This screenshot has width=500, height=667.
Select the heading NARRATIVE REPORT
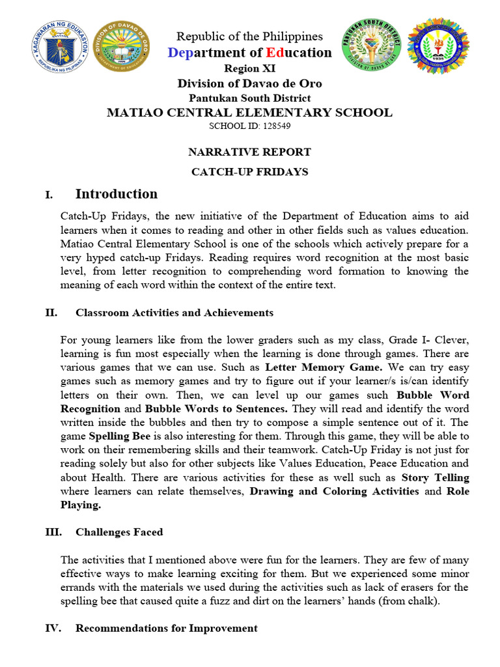coord(249,152)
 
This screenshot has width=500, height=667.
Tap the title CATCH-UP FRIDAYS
coord(249,172)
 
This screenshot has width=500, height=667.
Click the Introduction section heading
coord(117,194)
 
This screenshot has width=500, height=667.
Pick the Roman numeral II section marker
coord(51,313)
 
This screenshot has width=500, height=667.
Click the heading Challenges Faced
coord(119,532)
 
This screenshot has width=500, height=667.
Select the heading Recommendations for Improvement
coord(166,628)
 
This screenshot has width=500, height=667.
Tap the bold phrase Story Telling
coord(435,477)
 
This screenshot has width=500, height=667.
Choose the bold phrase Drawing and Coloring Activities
coord(335,491)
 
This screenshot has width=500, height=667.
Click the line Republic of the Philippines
coord(249,36)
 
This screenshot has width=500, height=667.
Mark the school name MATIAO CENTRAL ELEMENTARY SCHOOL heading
coord(249,112)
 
